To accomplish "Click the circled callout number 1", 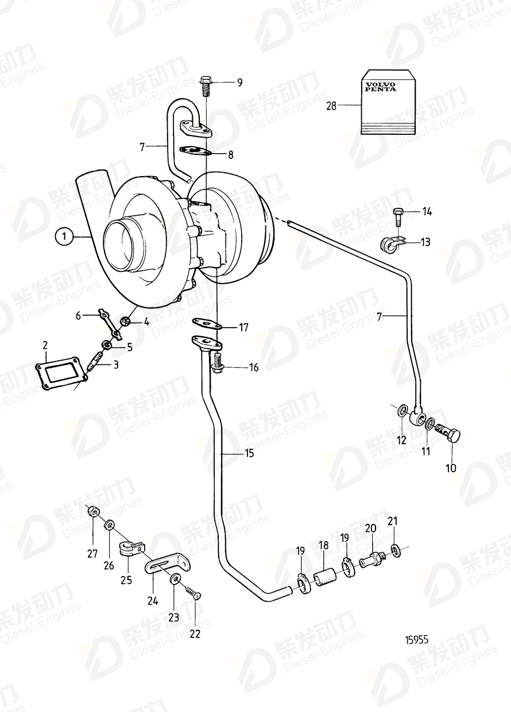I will tap(65, 236).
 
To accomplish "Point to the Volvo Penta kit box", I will tap(389, 102).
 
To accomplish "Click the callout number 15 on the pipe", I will tap(249, 453).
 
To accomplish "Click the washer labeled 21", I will tap(396, 550).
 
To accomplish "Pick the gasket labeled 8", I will tap(196, 151).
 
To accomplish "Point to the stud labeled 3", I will tap(95, 363).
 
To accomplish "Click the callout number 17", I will tap(244, 328).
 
